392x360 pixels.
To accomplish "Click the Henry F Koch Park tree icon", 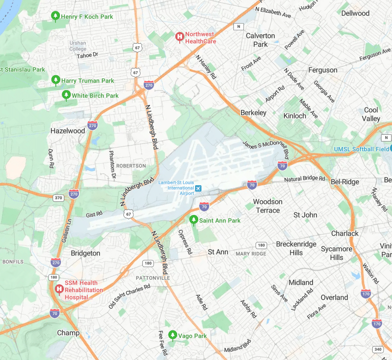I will (x=55, y=16).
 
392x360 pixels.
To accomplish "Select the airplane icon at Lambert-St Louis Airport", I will (x=198, y=187).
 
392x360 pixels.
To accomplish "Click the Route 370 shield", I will (x=58, y=197).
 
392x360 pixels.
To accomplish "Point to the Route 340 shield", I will (x=378, y=349).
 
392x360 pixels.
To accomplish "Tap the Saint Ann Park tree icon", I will (x=193, y=220).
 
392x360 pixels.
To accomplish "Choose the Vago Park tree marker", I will (x=172, y=335).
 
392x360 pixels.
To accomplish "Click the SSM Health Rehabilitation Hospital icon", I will (x=59, y=288).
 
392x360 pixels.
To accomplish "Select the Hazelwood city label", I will (x=68, y=131).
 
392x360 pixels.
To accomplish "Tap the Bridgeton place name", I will (x=86, y=253).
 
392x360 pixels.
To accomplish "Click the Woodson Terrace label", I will (x=268, y=206).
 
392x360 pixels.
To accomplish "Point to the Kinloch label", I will (x=295, y=116).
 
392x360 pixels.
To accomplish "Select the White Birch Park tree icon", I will (x=66, y=95).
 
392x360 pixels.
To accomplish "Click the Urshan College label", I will (x=78, y=46).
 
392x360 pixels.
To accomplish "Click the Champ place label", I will (x=68, y=333).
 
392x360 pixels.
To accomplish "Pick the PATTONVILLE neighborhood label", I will (x=153, y=278).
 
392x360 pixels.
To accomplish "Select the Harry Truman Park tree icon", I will (x=56, y=80).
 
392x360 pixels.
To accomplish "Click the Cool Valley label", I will (x=371, y=114).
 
